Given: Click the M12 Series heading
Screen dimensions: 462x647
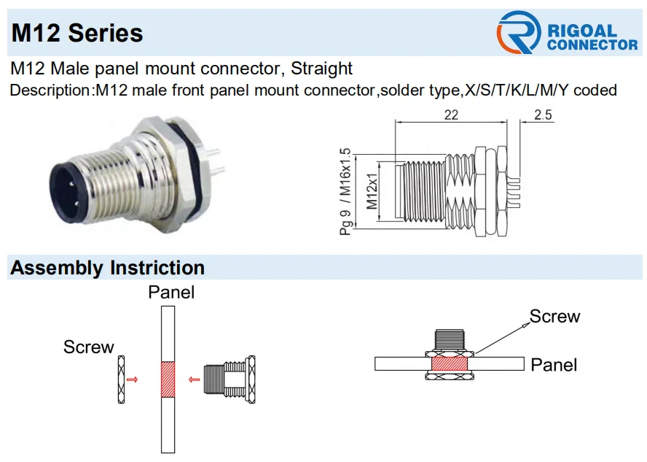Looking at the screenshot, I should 77,33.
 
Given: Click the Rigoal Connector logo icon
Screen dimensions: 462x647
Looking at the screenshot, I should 518,33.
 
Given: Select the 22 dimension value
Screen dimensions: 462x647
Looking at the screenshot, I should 451,115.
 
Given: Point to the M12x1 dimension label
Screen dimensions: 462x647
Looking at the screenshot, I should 372,190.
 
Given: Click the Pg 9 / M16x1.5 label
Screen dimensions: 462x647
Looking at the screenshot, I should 345,192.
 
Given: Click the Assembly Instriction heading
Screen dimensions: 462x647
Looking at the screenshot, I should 107,268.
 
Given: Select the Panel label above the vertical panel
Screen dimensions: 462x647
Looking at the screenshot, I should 171,293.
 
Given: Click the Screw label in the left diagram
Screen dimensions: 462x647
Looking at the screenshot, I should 88,347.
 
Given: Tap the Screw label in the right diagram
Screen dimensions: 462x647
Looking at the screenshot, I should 554,317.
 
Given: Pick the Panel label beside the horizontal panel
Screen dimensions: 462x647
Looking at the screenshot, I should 554,364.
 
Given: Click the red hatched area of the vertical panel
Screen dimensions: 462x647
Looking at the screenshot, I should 168,380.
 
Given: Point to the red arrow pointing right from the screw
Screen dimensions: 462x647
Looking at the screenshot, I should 132,380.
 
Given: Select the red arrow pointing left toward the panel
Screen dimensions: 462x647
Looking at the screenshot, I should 195,380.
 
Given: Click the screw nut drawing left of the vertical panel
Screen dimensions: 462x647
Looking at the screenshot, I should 120,380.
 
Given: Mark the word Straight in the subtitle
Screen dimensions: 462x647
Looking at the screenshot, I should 321,69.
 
